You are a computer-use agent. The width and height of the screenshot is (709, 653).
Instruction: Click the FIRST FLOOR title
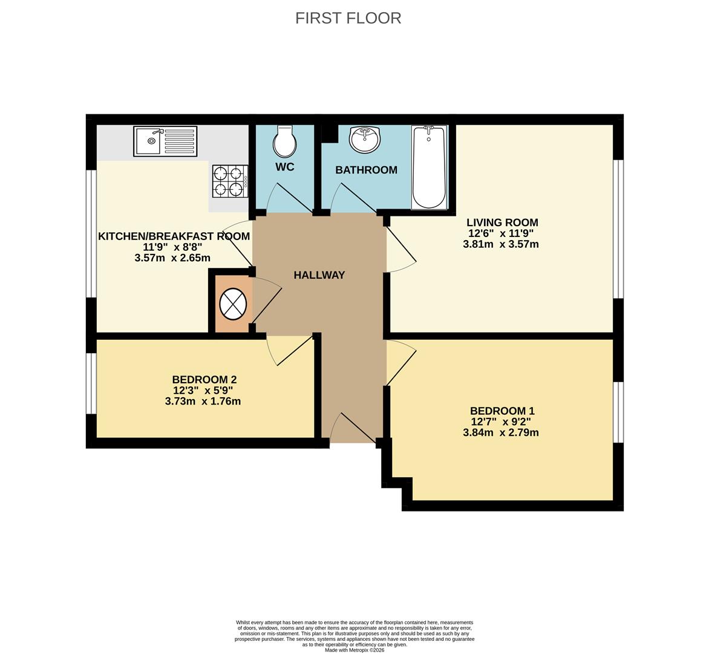(348, 18)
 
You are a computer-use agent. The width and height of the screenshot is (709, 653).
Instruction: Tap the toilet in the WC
(284, 141)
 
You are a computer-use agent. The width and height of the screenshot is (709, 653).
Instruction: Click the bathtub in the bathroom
(429, 167)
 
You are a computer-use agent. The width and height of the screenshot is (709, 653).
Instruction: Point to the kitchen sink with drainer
(165, 141)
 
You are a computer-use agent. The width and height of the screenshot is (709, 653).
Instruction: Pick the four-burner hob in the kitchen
(230, 181)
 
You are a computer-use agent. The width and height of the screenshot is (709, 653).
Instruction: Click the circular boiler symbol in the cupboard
(233, 304)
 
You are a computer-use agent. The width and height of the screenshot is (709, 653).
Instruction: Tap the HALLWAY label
(319, 275)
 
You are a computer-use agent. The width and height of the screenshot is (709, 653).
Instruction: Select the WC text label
(285, 167)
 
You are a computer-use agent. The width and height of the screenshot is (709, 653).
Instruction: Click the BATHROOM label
(366, 170)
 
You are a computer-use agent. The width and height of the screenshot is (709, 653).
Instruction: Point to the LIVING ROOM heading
(502, 223)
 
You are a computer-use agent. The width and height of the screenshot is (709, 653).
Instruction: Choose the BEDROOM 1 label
(502, 411)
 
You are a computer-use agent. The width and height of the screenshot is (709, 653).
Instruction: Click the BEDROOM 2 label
(204, 379)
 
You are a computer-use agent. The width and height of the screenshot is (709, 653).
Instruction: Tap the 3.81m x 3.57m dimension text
(501, 244)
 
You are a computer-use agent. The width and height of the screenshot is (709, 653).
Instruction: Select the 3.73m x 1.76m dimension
(203, 401)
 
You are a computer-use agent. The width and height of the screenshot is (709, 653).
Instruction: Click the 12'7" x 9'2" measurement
(500, 421)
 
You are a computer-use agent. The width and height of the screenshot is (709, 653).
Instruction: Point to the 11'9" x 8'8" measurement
(172, 247)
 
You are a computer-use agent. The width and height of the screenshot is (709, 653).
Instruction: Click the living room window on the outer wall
(618, 229)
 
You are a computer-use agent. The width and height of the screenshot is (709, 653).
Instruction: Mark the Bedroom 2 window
(91, 383)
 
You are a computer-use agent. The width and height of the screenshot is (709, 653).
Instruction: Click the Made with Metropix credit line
(354, 651)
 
